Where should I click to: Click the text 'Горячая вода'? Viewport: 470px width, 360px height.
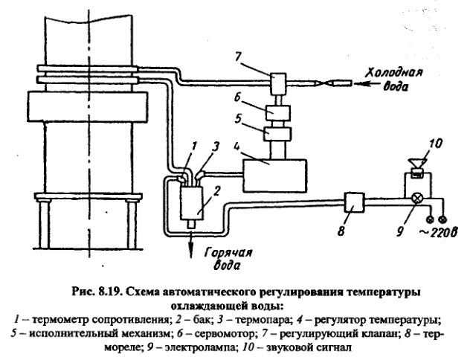click(217, 257)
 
